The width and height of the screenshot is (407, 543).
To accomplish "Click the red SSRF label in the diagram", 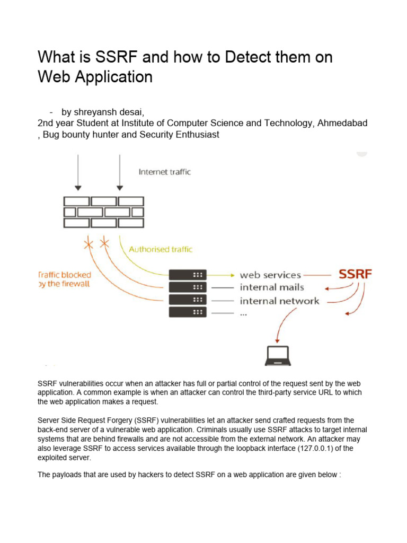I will coord(355,275).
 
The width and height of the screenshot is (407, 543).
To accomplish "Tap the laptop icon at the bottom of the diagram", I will coord(277,355).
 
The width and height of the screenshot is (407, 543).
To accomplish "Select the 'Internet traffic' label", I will coord(164,172).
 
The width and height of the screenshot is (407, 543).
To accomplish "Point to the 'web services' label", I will coord(270,275).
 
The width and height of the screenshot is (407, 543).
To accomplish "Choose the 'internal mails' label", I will coord(272,288).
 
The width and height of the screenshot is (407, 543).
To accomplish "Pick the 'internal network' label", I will coord(279,301).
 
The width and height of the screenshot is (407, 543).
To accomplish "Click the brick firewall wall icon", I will coord(104,212).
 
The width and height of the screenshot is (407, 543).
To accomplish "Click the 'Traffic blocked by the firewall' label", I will coord(65,279).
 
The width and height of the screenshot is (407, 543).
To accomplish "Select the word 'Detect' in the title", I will coord(246,57).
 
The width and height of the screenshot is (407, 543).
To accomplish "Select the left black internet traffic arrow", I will coord(78,172).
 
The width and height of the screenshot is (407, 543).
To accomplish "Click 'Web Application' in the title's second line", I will coord(95,77).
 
